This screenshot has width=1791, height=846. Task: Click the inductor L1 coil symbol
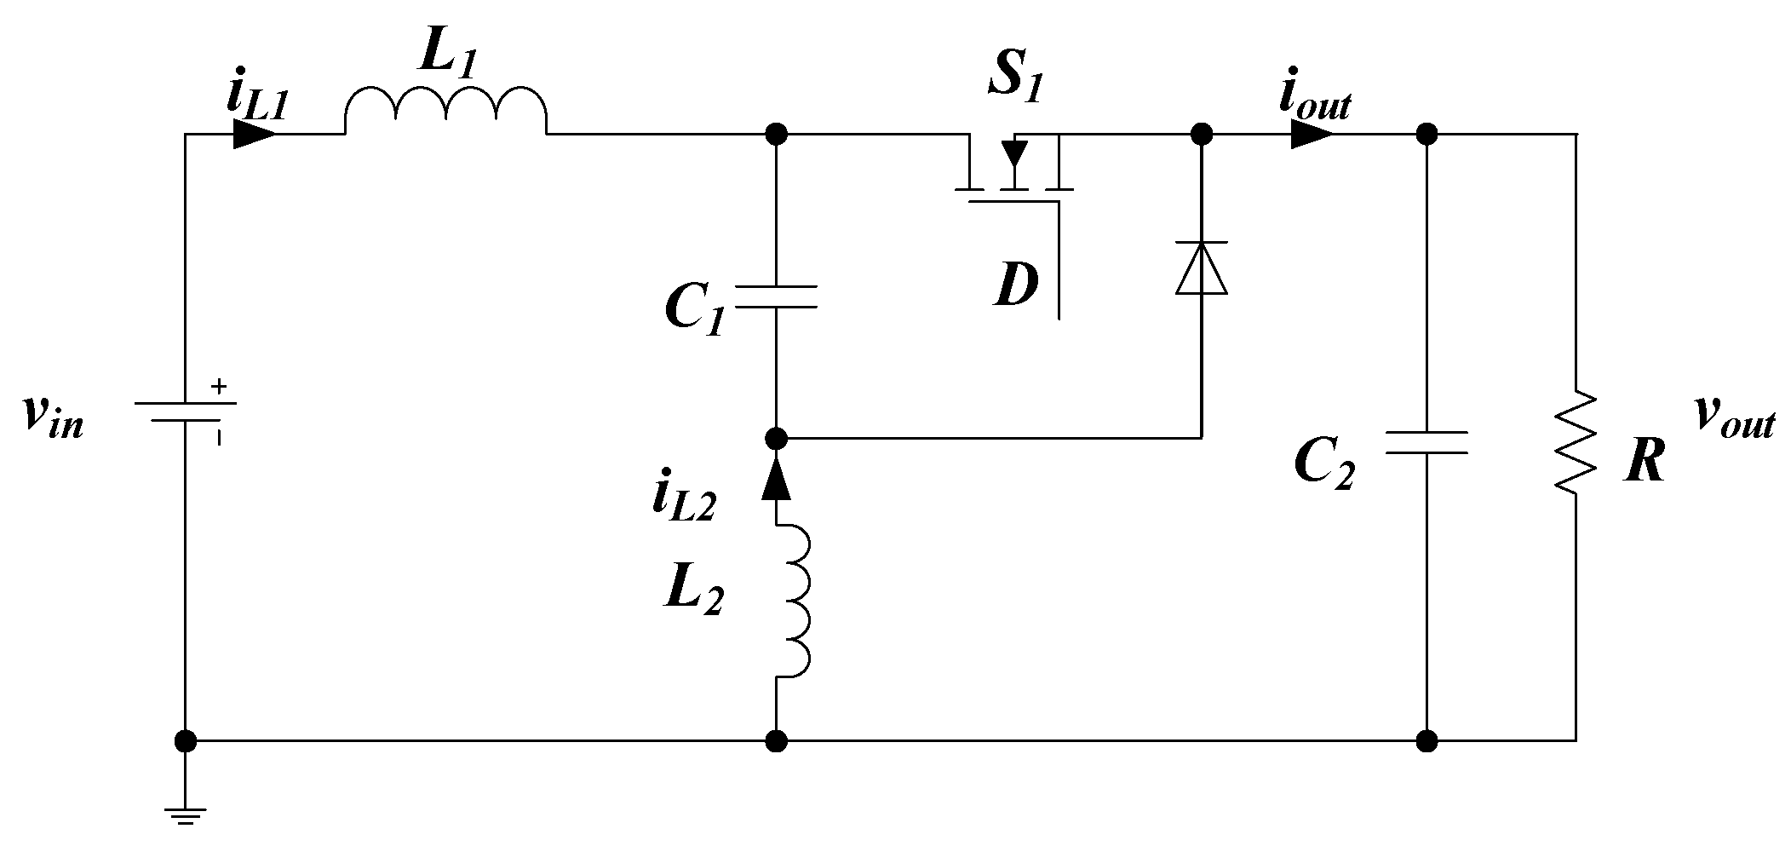[445, 111]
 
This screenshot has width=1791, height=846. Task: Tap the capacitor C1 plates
[775, 296]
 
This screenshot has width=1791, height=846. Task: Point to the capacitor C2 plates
[1426, 442]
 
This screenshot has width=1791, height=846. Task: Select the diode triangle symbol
[1201, 268]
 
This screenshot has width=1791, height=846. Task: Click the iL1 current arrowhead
[254, 134]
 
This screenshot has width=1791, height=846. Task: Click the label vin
[53, 417]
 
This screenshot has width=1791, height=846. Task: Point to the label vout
[1734, 417]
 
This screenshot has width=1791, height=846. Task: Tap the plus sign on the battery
[219, 387]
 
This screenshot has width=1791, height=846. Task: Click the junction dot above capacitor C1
[775, 134]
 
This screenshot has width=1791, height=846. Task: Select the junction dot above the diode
[1201, 134]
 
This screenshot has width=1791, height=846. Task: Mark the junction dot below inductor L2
[775, 740]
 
